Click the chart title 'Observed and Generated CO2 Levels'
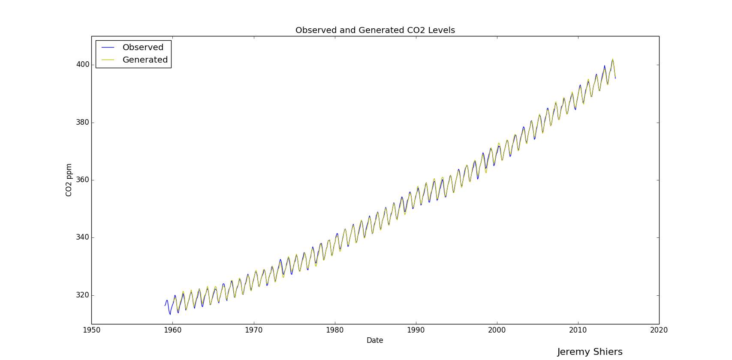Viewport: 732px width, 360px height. pos(375,30)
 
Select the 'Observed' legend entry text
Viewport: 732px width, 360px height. pos(143,48)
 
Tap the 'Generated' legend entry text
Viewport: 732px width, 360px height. pos(145,60)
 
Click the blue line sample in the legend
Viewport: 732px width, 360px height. pos(108,48)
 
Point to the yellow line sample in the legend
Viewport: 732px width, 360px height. pos(108,60)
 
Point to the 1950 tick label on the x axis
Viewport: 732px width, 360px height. pos(91,330)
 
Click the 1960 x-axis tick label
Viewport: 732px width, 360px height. pos(172,330)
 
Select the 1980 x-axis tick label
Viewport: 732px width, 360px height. pos(334,330)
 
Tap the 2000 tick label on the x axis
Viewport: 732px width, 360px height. pos(497,330)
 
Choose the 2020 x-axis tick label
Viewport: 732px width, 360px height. pos(659,330)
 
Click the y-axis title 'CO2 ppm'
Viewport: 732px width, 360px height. pos(69,180)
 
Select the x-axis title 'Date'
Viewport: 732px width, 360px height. pos(375,340)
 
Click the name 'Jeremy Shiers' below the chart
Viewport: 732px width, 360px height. pos(590,352)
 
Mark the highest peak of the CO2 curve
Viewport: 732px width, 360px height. pos(612,59)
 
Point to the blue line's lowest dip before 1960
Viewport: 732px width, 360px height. pos(170,315)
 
